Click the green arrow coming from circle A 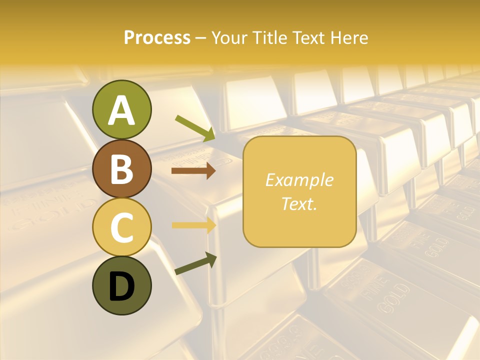tap(195, 128)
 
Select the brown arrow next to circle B tap(193, 171)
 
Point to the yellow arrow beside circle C tap(193, 225)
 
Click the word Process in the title tap(157, 37)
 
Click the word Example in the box tap(299, 180)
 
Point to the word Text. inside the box tap(299, 203)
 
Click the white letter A tap(121, 110)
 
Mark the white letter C tap(121, 227)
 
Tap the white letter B tap(121, 169)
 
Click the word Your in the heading tap(230, 37)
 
